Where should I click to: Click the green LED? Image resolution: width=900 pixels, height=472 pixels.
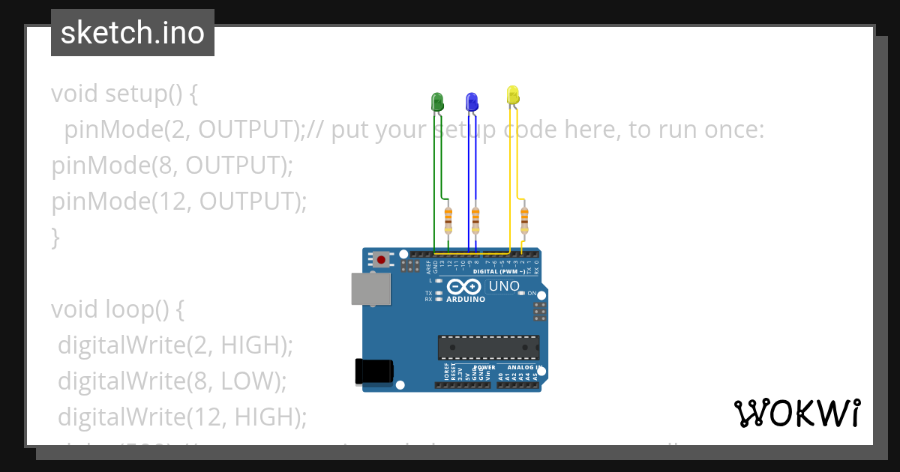(x=436, y=102)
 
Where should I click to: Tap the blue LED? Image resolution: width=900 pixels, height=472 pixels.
(x=472, y=101)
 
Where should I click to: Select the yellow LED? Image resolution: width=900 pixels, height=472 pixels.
(x=513, y=95)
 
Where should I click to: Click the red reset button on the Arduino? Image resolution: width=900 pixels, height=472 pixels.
(x=381, y=260)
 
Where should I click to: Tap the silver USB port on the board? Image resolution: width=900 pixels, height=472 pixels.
(x=371, y=289)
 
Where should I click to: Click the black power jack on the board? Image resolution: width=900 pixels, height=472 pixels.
(x=373, y=372)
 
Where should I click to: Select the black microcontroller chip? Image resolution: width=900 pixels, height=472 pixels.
(x=488, y=348)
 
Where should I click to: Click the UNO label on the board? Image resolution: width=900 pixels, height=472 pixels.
(x=504, y=286)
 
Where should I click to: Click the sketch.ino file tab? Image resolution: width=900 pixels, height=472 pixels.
(x=133, y=33)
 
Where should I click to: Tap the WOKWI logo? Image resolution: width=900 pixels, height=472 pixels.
(x=796, y=414)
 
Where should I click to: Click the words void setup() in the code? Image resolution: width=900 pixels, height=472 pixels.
(x=124, y=94)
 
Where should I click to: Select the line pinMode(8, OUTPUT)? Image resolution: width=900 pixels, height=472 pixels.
(x=172, y=166)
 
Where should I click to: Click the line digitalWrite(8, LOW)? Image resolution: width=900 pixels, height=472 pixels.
(x=172, y=381)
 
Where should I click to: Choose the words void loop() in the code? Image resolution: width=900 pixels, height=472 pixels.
(x=117, y=309)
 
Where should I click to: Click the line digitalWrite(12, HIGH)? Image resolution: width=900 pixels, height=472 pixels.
(x=182, y=416)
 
